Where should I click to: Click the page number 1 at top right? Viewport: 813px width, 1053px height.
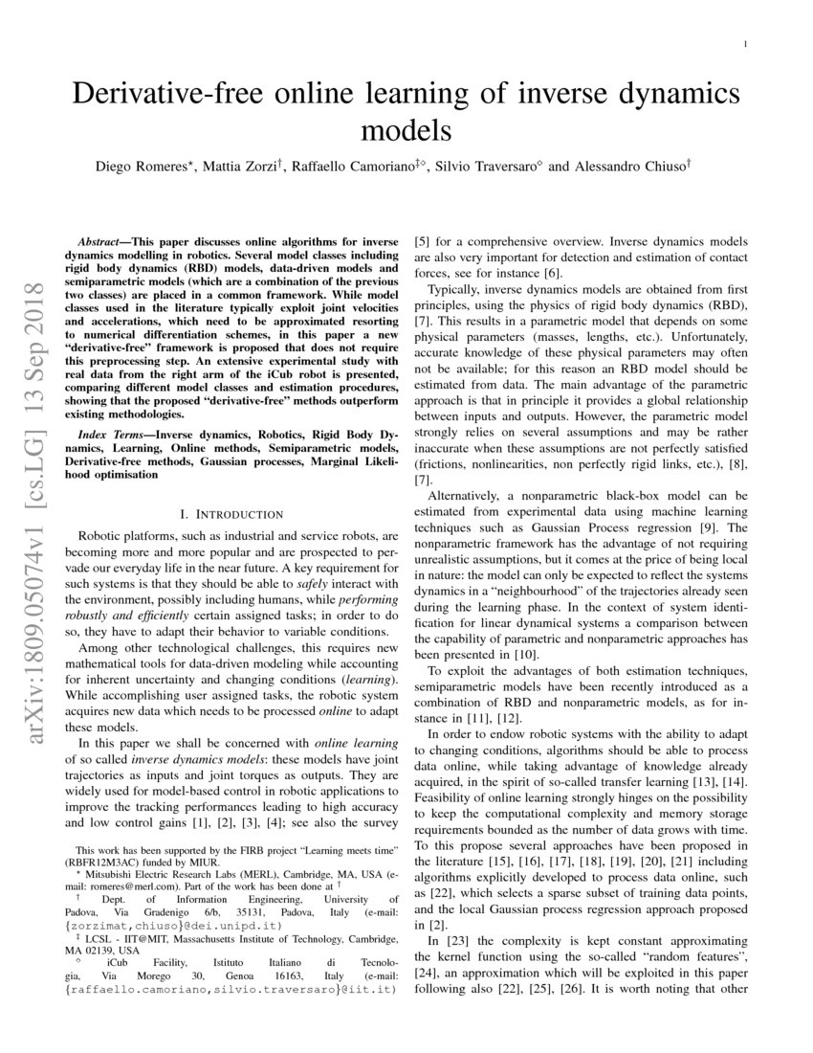click(x=744, y=44)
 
